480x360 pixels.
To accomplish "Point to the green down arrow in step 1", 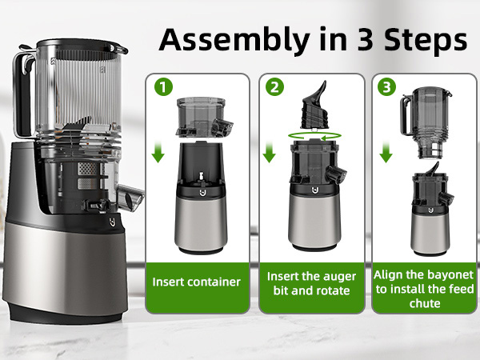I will [x=158, y=150].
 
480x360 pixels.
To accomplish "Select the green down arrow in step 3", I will [x=386, y=150].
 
